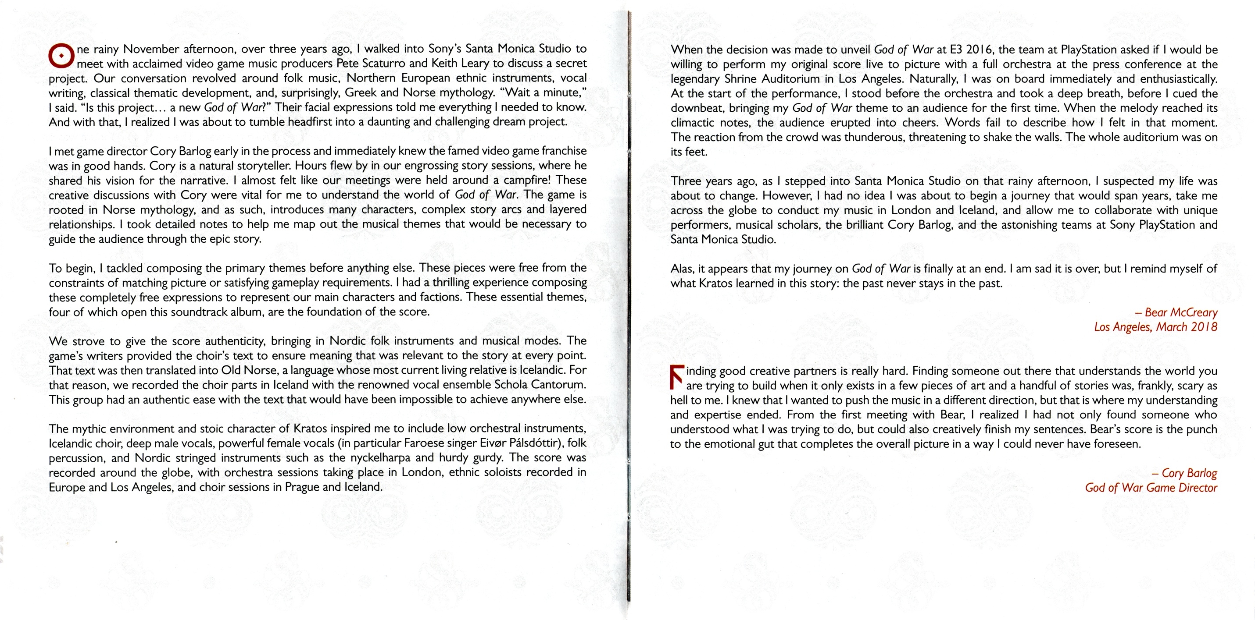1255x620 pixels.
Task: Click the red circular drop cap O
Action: pyautogui.click(x=61, y=57)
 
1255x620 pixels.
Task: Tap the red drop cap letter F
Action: pyautogui.click(x=677, y=377)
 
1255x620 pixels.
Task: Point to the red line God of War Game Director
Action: pyautogui.click(x=1151, y=488)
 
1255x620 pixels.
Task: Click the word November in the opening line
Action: pyautogui.click(x=151, y=49)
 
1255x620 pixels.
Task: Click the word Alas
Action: pyautogui.click(x=682, y=269)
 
